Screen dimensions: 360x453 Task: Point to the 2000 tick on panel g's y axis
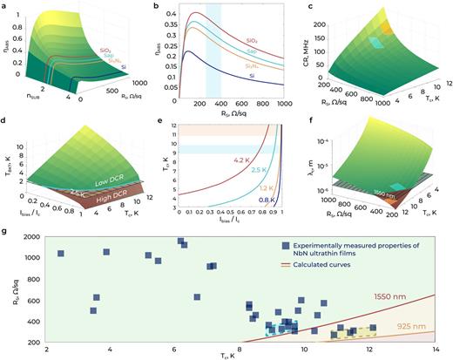pyautogui.click(x=31, y=237)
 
